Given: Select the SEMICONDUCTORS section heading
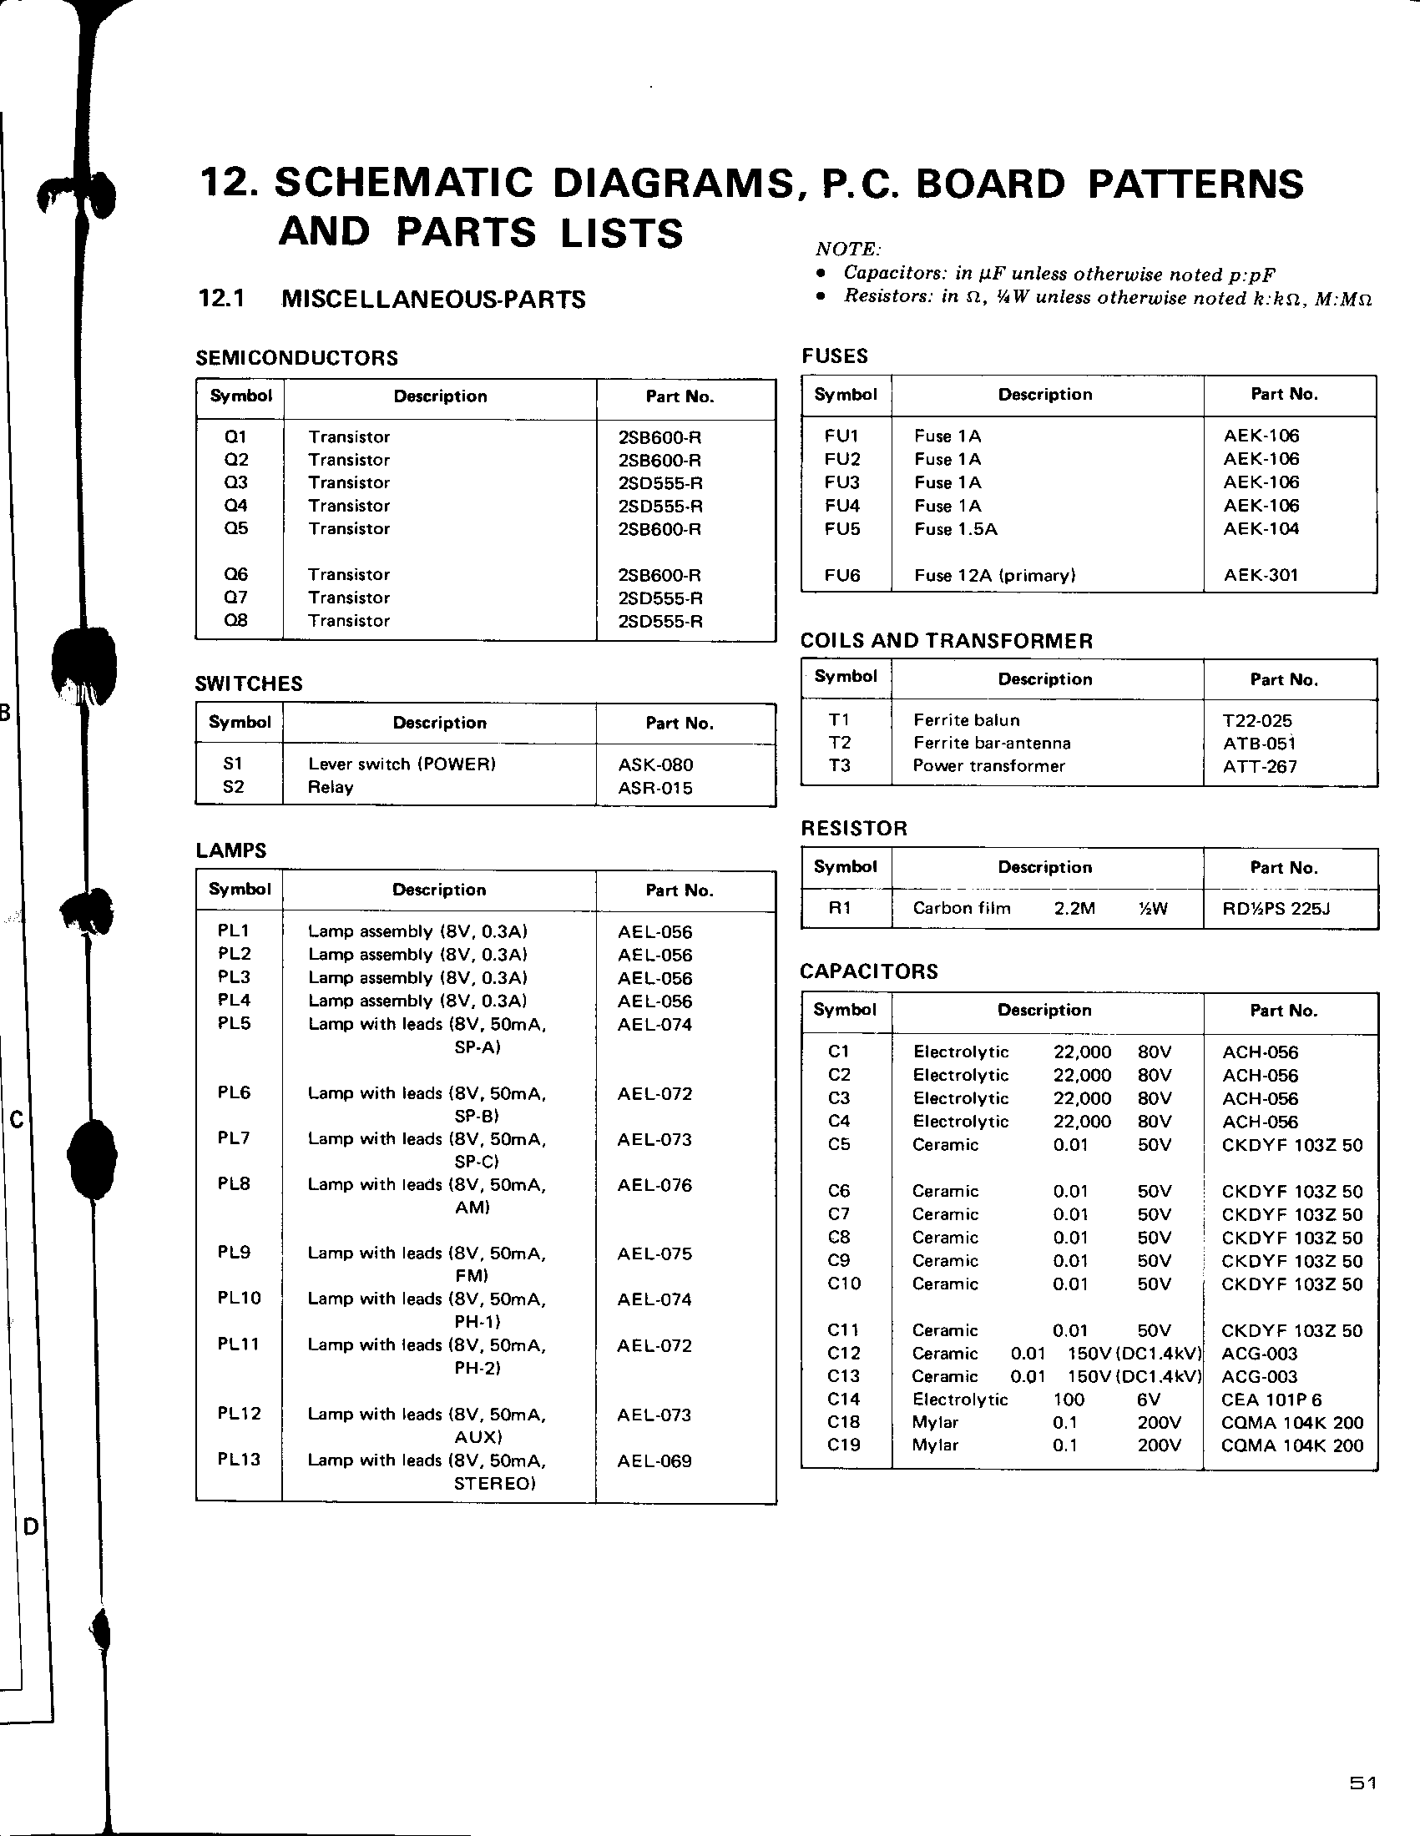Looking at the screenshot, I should tap(297, 358).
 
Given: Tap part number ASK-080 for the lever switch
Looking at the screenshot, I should tap(655, 764).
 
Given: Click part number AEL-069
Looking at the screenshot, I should tap(654, 1460).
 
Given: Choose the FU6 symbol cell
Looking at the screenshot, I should tap(841, 575).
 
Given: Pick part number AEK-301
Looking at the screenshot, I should tap(1261, 575).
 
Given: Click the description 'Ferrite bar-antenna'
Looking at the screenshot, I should tap(991, 743).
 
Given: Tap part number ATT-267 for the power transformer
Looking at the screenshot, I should tap(1260, 766).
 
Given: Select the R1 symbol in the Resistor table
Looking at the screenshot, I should tap(839, 908).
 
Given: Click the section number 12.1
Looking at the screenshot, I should tap(221, 299).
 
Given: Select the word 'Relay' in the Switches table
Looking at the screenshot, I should tap(331, 787).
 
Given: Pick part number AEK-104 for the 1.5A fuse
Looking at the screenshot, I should tap(1261, 529).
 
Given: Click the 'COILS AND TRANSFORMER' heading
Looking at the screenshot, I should tap(946, 641).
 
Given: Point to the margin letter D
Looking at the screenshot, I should tap(31, 1526).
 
